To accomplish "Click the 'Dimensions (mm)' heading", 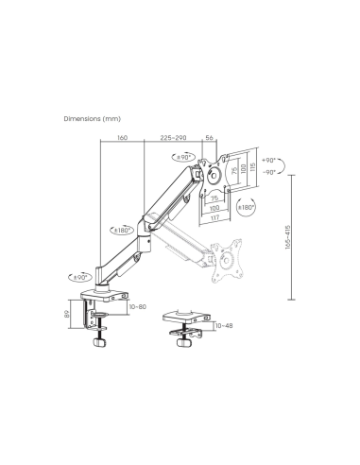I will [x=93, y=119].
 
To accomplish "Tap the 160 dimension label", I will [x=123, y=136].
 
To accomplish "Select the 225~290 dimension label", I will [x=172, y=136].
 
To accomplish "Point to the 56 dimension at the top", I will [x=210, y=136].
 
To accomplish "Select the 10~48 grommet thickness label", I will [x=223, y=326].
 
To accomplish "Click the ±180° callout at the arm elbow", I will [x=122, y=229].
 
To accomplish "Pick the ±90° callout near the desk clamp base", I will [x=81, y=277].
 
